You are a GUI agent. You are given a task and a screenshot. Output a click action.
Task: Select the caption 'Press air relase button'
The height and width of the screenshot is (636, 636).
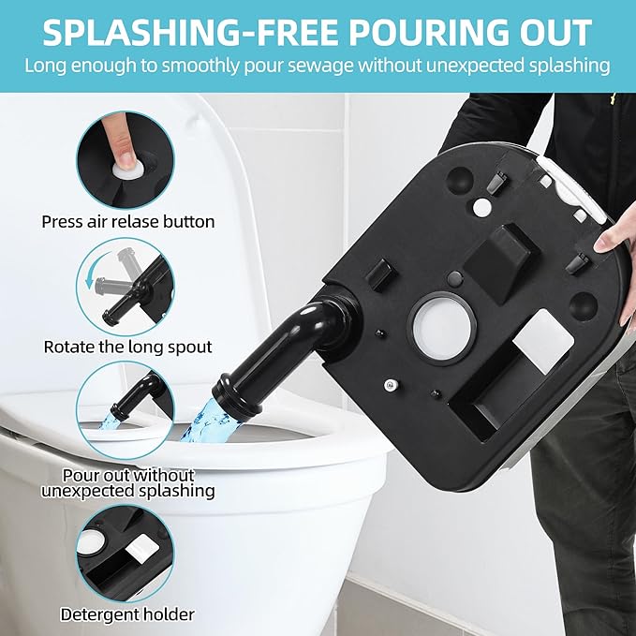coord(128,222)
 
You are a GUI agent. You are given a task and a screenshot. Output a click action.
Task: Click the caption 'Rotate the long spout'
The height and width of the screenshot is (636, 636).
coord(128,346)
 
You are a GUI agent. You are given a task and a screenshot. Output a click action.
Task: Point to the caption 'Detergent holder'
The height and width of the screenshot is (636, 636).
coord(128,614)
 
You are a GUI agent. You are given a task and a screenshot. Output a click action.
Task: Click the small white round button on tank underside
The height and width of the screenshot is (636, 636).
coord(481,204)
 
